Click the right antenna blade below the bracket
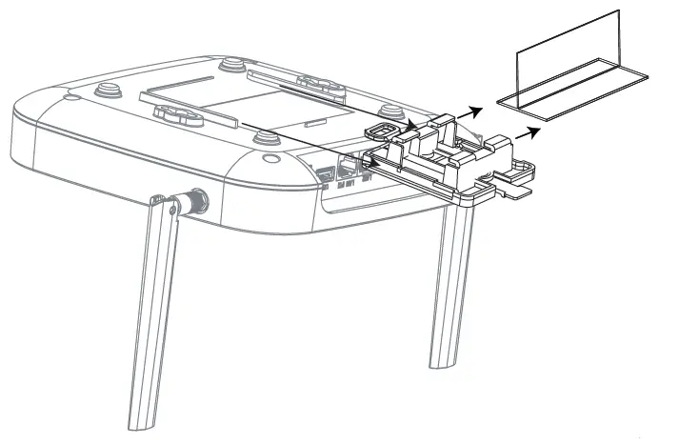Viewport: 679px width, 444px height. [449, 286]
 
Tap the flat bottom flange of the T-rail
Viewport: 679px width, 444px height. [571, 101]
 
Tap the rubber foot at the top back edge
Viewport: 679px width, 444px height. [232, 67]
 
